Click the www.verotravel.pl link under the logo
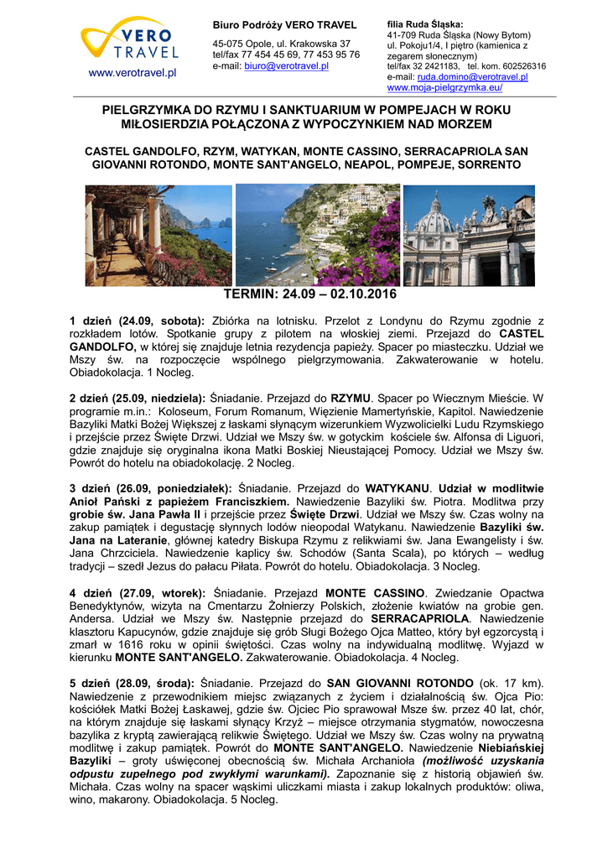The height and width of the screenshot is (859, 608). (x=128, y=73)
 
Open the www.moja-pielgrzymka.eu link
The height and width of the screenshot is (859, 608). (x=444, y=87)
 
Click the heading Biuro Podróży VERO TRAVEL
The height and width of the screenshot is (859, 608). (x=284, y=25)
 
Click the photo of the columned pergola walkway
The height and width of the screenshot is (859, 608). (x=158, y=236)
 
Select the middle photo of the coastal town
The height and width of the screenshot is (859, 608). (x=317, y=236)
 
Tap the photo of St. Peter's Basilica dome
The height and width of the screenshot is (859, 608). (x=469, y=236)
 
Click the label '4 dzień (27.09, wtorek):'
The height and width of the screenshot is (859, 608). (x=137, y=592)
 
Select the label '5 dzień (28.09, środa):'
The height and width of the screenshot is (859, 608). (x=132, y=683)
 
